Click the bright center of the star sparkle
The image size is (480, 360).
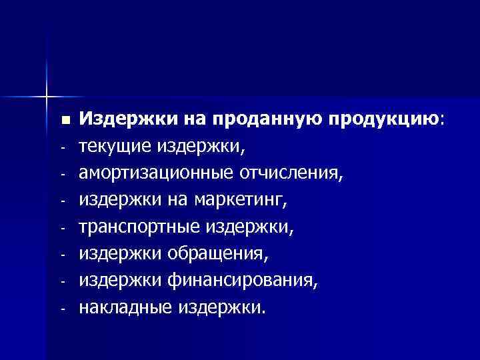47,97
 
